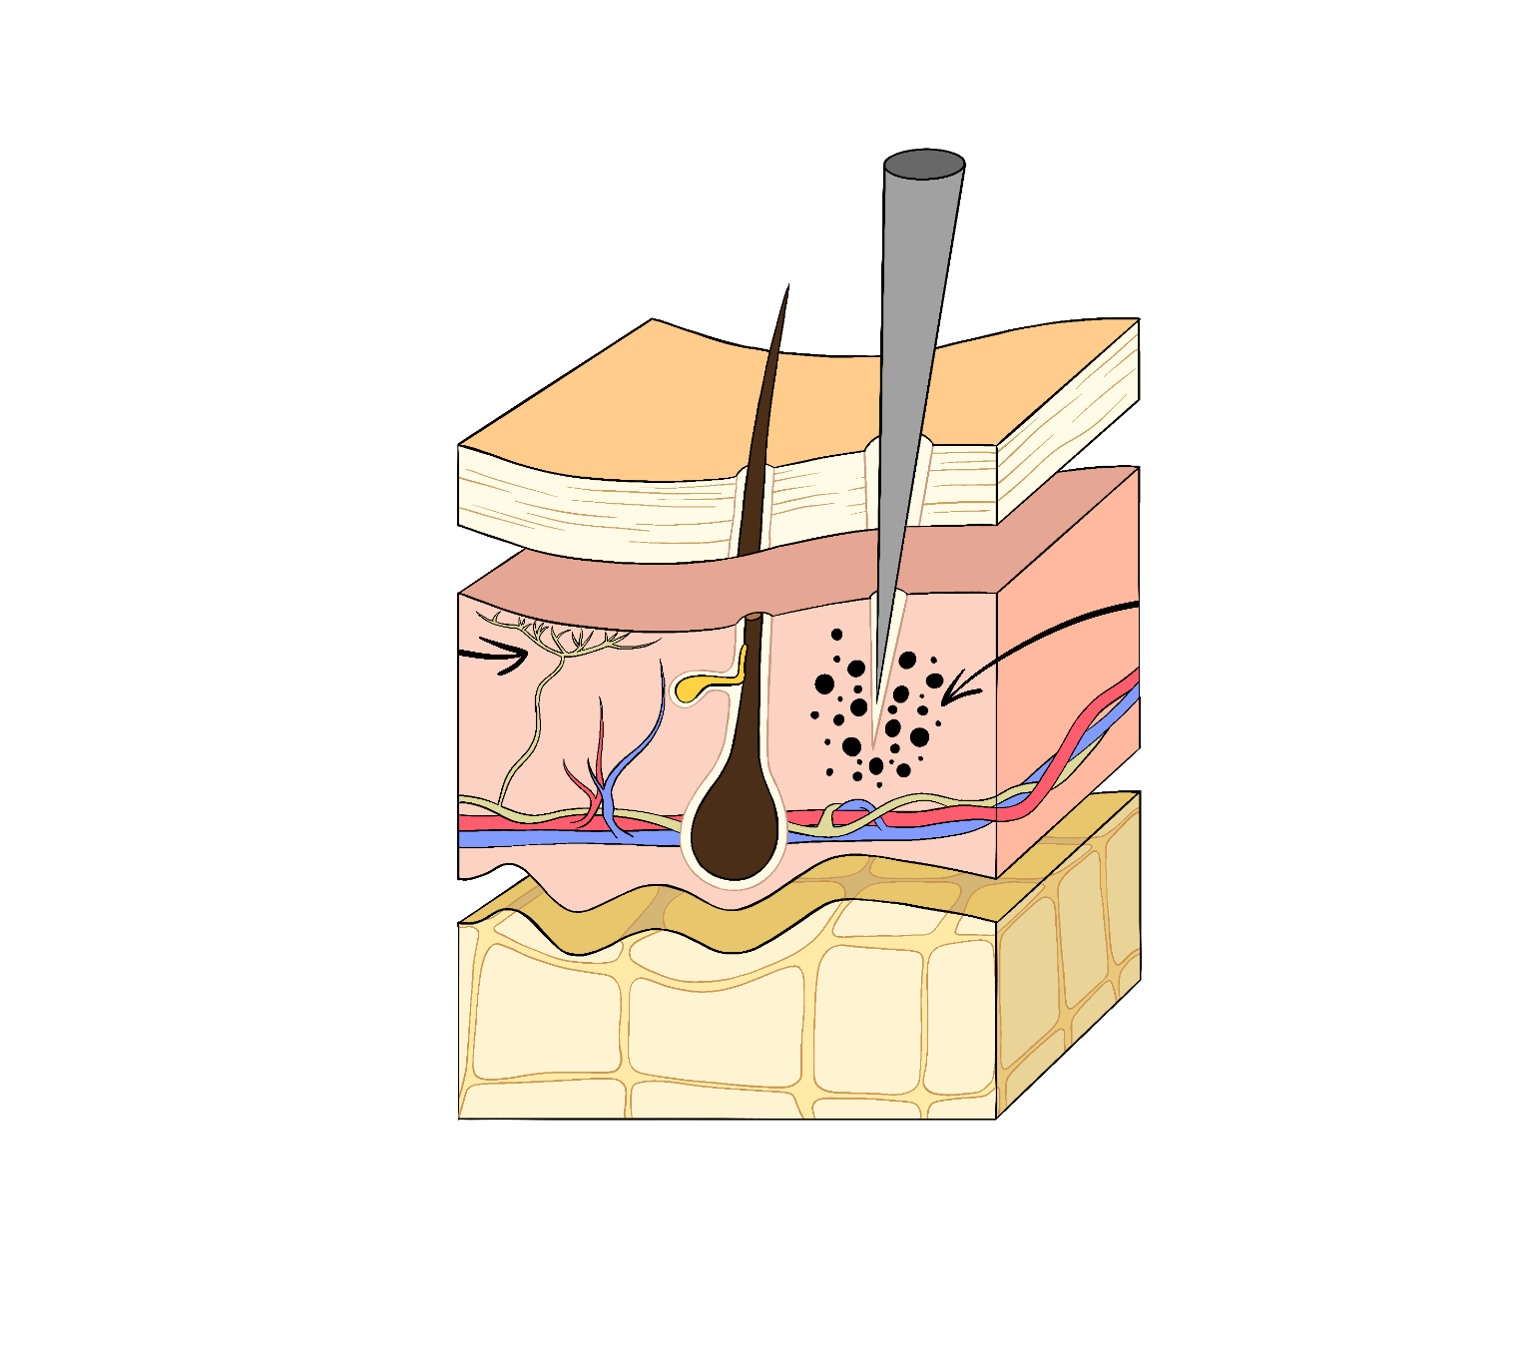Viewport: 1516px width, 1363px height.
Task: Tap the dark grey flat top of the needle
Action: [924, 164]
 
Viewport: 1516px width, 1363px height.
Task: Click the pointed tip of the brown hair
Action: [786, 292]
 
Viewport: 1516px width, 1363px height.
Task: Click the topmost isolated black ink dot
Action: [836, 635]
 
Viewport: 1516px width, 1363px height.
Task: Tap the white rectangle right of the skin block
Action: [1228, 599]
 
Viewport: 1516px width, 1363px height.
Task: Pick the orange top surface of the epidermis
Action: [699, 399]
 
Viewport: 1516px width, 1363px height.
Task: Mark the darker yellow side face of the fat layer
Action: [1068, 958]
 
